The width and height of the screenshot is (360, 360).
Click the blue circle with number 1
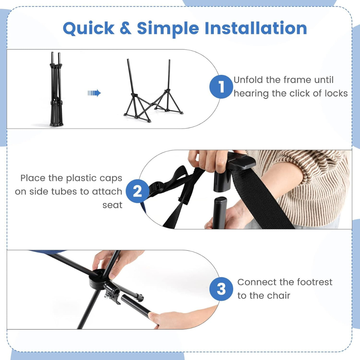click(x=221, y=87)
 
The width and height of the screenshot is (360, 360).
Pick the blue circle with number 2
click(x=137, y=191)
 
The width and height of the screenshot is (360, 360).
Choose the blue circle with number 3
click(x=221, y=289)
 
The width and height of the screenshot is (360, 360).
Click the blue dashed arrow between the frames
click(x=94, y=93)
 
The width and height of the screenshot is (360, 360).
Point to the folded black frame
click(x=56, y=90)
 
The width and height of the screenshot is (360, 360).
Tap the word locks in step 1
click(x=336, y=93)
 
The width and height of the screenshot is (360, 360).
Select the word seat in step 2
click(x=112, y=205)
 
